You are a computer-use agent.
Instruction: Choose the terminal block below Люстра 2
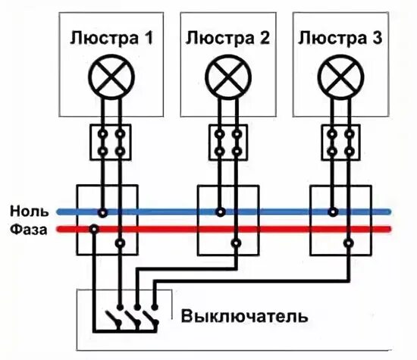tap(227, 142)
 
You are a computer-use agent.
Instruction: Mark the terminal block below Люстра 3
tap(339, 142)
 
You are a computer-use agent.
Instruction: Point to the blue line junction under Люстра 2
tap(219, 212)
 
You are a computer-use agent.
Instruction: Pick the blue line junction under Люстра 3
tap(331, 212)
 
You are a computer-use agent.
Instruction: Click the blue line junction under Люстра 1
tap(102, 212)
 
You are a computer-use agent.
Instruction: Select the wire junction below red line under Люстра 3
tap(348, 243)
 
